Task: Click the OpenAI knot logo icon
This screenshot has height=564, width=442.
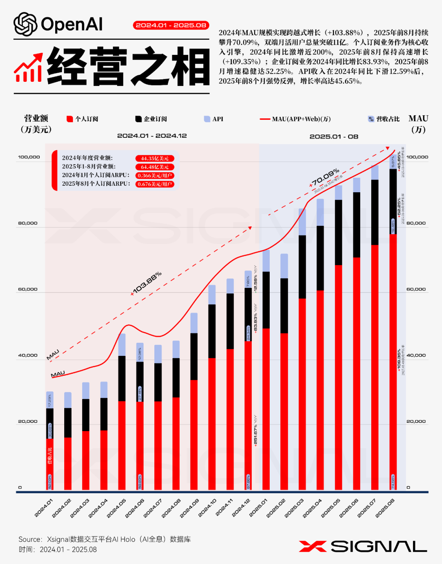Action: [x=25, y=25]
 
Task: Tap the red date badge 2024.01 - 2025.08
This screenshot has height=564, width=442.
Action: [x=171, y=25]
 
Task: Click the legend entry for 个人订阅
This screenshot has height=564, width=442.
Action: [x=82, y=119]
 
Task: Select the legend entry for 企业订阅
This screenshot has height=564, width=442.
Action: [x=151, y=119]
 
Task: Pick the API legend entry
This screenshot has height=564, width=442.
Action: [x=214, y=119]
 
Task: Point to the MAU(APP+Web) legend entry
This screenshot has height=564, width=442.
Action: [x=295, y=119]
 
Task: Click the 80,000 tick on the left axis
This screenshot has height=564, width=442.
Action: [x=28, y=223]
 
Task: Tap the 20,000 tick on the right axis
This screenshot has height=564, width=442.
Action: [x=416, y=421]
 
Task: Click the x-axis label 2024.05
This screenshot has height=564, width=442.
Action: [x=117, y=508]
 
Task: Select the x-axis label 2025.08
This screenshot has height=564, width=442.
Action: [x=385, y=508]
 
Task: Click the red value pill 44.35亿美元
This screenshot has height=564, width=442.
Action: [x=155, y=158]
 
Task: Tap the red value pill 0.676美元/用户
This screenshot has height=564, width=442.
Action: [x=155, y=184]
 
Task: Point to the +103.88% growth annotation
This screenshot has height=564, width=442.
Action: [x=146, y=283]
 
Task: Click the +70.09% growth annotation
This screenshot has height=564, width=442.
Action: [x=325, y=178]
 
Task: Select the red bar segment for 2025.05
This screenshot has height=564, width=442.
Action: [x=338, y=376]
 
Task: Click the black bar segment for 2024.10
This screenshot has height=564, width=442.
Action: [x=212, y=331]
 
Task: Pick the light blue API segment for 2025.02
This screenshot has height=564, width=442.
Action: [x=284, y=266]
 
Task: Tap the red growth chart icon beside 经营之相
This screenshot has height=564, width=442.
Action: [x=28, y=67]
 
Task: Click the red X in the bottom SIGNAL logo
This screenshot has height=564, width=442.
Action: [x=313, y=546]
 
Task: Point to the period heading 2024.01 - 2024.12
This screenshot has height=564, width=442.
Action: [x=152, y=136]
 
